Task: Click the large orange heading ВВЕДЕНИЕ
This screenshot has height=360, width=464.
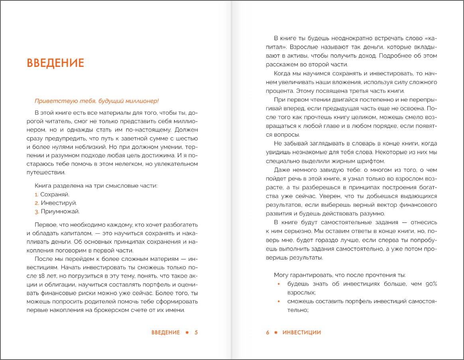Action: [x=55, y=63]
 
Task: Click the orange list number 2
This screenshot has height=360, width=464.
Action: [x=36, y=203]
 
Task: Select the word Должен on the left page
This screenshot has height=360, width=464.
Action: [x=186, y=130]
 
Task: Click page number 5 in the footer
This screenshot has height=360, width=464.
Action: [x=196, y=333]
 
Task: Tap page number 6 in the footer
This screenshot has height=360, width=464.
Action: [x=268, y=333]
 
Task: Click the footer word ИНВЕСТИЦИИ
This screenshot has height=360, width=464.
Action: [x=301, y=333]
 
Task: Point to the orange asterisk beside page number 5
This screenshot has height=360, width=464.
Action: [x=187, y=333]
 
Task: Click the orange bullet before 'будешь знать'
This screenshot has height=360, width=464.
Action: [x=279, y=284]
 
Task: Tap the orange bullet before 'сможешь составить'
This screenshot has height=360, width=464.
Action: [x=279, y=301]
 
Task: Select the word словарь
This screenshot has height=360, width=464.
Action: [x=341, y=144]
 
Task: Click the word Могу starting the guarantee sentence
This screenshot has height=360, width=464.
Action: [x=281, y=275]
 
